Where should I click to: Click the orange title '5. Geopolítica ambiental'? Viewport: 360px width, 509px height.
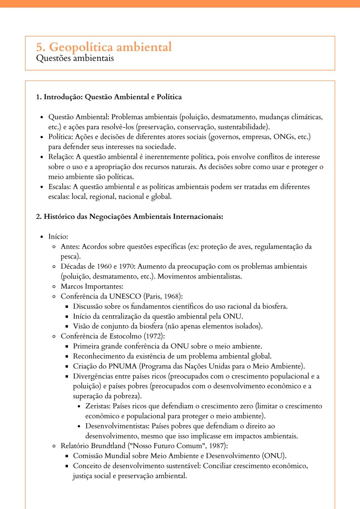pos(104,47)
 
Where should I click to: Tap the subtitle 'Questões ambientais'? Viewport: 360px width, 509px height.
pos(75,58)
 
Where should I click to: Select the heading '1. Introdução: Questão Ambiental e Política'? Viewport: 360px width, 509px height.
pos(109,97)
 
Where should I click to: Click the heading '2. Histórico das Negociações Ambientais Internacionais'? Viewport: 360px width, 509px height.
pos(129,217)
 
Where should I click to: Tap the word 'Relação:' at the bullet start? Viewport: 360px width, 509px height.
pos(61,157)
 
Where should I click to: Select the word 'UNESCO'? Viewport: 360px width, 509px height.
pos(125,296)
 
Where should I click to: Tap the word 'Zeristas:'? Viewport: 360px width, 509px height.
pos(98,406)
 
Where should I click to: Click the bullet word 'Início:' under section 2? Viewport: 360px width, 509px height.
pos(58,237)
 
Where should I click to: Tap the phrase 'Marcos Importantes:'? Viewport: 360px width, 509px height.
pos(92,286)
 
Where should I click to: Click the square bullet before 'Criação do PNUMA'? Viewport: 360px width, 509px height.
pos(67,366)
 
